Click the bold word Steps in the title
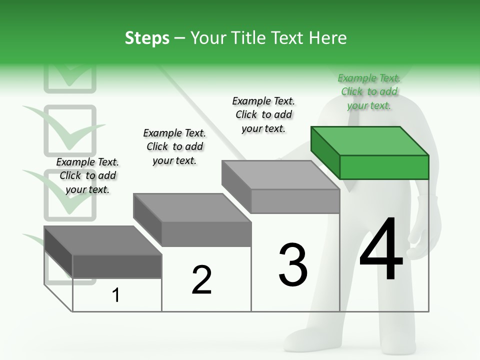tap(147, 38)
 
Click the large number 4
tap(381, 250)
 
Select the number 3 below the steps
tap(293, 265)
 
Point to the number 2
tap(201, 280)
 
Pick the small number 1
tap(115, 295)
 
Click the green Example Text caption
tap(369, 91)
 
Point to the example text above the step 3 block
tap(263, 114)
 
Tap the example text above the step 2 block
tap(174, 146)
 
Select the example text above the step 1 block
tap(87, 175)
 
